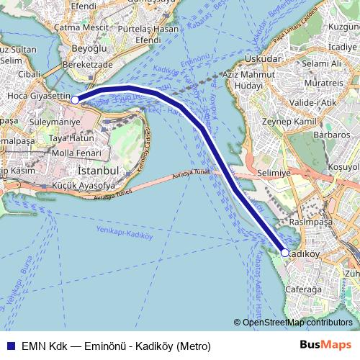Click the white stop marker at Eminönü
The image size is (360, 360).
pyautogui.click(x=75, y=101)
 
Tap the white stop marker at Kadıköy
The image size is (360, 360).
pyautogui.click(x=285, y=253)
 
